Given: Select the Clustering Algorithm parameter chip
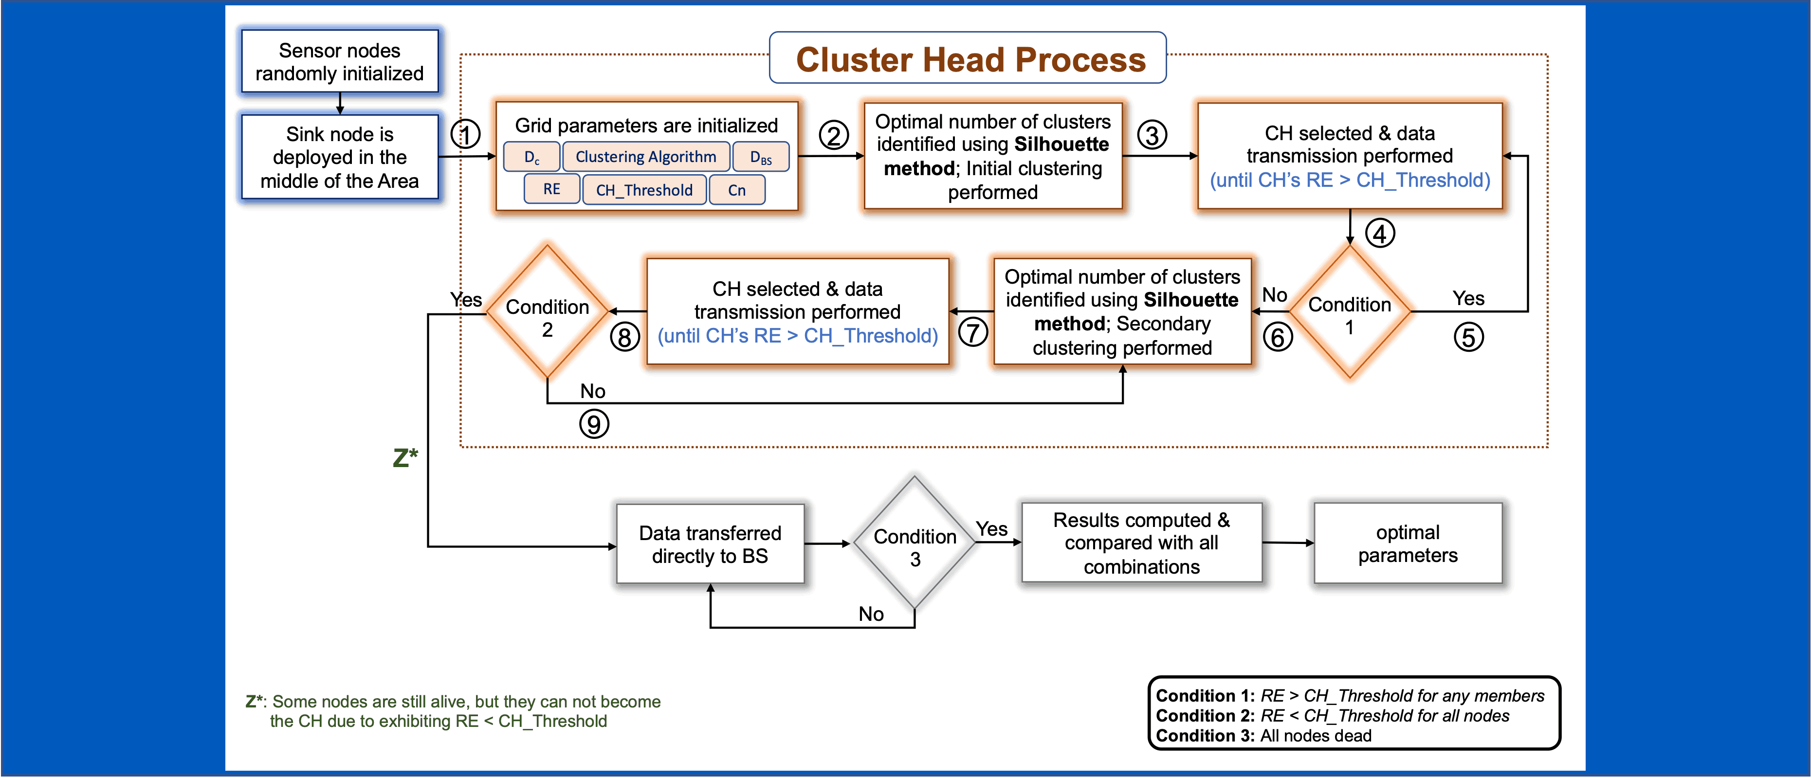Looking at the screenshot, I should pyautogui.click(x=645, y=157).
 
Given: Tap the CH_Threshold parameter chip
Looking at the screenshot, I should pyautogui.click(x=644, y=190).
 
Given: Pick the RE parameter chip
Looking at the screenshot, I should pyautogui.click(x=552, y=189).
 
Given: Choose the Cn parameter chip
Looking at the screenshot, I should pyautogui.click(x=737, y=190).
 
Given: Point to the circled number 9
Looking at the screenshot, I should pyautogui.click(x=594, y=424).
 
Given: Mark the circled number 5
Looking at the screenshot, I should pyautogui.click(x=1469, y=337).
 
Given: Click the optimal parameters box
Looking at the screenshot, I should pyautogui.click(x=1408, y=543).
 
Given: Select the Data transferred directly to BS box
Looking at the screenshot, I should pyautogui.click(x=710, y=544).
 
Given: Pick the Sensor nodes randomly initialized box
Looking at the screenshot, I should pyautogui.click(x=340, y=62).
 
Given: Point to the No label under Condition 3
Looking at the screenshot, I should pyautogui.click(x=871, y=614).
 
